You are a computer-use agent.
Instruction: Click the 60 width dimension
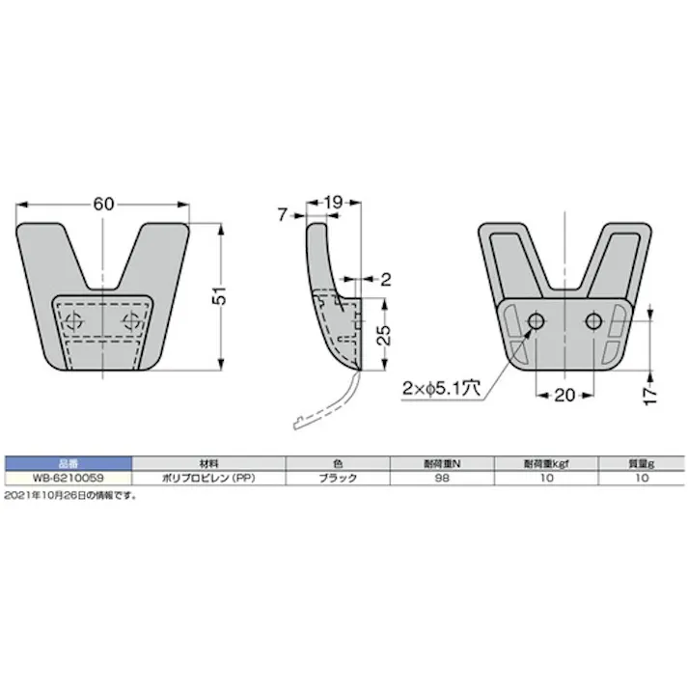pyautogui.click(x=104, y=205)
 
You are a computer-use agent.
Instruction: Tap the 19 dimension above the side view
pyautogui.click(x=332, y=203)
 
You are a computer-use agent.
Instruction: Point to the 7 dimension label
pyautogui.click(x=282, y=215)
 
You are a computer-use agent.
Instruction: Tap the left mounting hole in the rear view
pyautogui.click(x=537, y=320)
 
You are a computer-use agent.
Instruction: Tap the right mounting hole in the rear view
pyautogui.click(x=593, y=320)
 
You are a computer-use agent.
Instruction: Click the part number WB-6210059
pyautogui.click(x=67, y=478)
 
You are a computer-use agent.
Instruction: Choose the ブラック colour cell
pyautogui.click(x=338, y=478)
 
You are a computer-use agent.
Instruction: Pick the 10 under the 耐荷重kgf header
pyautogui.click(x=546, y=478)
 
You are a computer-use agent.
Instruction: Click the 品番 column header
pyautogui.click(x=67, y=463)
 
